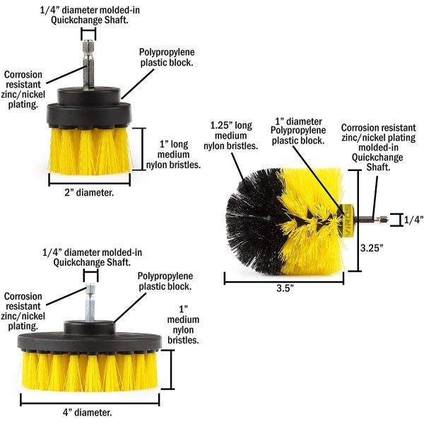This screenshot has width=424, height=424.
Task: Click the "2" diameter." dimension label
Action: [89, 192]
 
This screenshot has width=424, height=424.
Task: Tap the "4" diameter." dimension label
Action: [88, 413]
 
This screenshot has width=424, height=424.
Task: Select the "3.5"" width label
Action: [285, 288]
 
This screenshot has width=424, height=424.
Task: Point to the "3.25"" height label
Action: [372, 248]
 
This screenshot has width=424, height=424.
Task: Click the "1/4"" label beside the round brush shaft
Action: [413, 220]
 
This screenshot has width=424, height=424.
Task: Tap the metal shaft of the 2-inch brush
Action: [89, 64]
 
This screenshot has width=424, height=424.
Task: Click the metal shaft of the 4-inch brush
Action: [90, 302]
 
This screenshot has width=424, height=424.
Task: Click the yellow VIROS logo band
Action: [346, 220]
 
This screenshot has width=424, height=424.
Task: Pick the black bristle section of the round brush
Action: [252, 220]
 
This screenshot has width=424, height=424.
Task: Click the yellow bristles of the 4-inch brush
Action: [89, 371]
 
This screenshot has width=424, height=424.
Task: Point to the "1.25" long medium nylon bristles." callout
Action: [230, 136]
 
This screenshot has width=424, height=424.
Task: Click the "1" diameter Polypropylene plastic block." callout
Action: [298, 131]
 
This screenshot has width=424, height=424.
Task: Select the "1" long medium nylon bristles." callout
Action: [173, 154]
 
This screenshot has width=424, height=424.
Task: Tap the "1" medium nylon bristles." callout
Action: [183, 324]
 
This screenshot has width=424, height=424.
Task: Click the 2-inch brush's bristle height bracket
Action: [143, 149]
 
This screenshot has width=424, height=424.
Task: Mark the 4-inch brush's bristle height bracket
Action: [171, 370]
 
